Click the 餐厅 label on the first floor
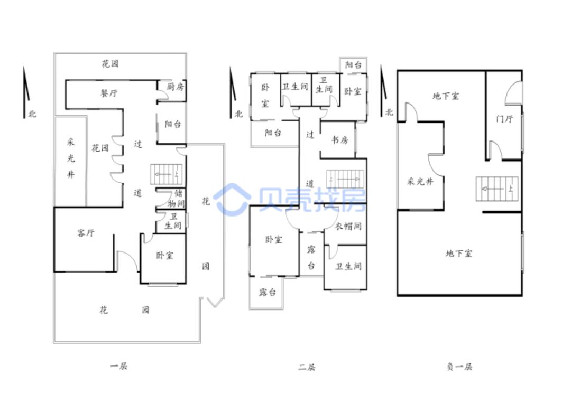[x=109, y=93]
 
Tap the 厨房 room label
[x=175, y=87]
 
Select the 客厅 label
[x=86, y=233]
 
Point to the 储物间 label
[x=176, y=198]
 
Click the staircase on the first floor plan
[x=166, y=175]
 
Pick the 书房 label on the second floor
[x=339, y=140]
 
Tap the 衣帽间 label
[x=348, y=226]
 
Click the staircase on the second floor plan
[x=345, y=179]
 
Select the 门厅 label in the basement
[x=505, y=119]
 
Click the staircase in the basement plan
[x=497, y=189]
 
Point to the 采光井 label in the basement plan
[x=420, y=181]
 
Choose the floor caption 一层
[x=119, y=365]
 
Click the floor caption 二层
[x=307, y=367]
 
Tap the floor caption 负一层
[x=459, y=367]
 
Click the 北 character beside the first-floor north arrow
[x=32, y=114]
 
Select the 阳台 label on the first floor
[x=172, y=124]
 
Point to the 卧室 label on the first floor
[x=164, y=256]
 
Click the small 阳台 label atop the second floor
[x=353, y=65]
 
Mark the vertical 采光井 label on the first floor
[x=71, y=158]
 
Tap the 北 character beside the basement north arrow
[x=389, y=112]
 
